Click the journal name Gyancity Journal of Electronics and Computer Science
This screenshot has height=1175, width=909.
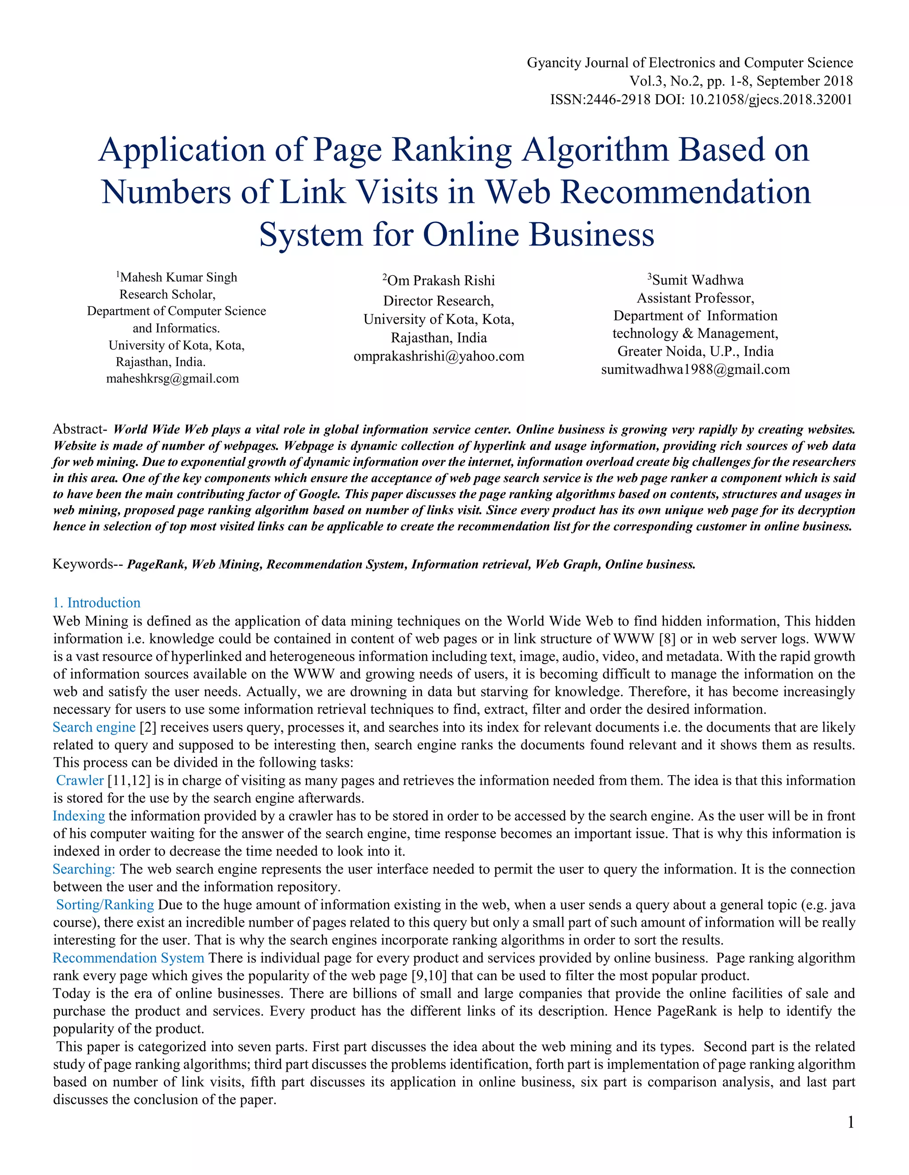point(689,63)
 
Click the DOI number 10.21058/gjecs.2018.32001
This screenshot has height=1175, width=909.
point(771,99)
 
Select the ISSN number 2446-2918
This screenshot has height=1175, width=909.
point(618,99)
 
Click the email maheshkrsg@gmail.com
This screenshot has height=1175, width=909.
point(172,379)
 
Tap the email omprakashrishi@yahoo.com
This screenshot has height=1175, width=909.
point(439,356)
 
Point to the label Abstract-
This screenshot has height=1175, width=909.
point(80,429)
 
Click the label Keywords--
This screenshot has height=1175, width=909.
point(88,564)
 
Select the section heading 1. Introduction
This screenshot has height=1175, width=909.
point(96,603)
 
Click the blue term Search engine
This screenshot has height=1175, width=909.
point(94,727)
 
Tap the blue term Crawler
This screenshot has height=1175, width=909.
point(80,781)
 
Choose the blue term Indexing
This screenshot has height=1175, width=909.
point(79,816)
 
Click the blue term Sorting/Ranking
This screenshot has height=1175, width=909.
point(105,905)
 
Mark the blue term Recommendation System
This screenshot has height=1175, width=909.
point(128,958)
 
